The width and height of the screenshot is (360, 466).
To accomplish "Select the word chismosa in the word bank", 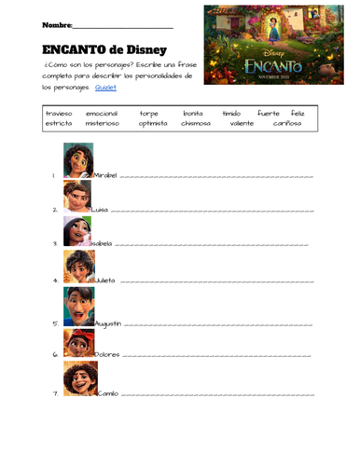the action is tap(196, 122).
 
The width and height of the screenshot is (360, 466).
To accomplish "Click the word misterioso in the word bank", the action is tap(103, 122).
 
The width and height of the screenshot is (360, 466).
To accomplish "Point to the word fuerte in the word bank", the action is tap(269, 112).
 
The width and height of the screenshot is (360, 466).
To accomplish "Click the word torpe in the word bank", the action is tap(149, 112).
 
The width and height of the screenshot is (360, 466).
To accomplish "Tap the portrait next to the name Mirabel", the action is tap(78, 159).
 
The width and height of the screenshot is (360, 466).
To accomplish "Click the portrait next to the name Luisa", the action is tap(77, 196).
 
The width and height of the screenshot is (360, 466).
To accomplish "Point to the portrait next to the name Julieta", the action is tap(78, 267).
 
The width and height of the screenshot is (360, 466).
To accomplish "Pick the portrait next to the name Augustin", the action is tap(78, 306).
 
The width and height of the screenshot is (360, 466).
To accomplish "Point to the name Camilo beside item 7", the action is tap(107, 392).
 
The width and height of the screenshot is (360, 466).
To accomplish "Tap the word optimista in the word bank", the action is tap(153, 122).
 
